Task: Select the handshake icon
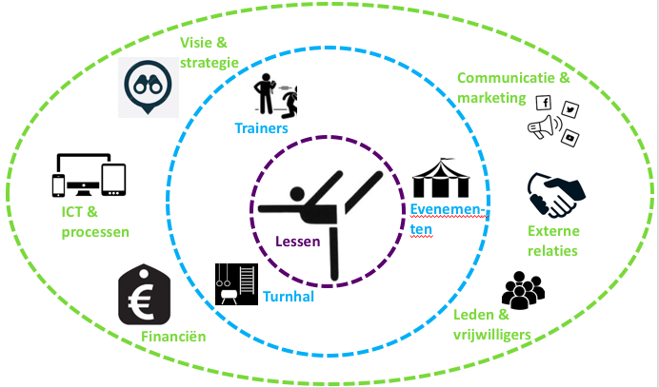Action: pyautogui.click(x=556, y=195)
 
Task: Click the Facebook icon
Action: pyautogui.click(x=545, y=103)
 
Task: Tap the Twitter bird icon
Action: pyautogui.click(x=570, y=110)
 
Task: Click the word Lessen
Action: pyautogui.click(x=296, y=242)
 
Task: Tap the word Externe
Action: pyautogui.click(x=553, y=231)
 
